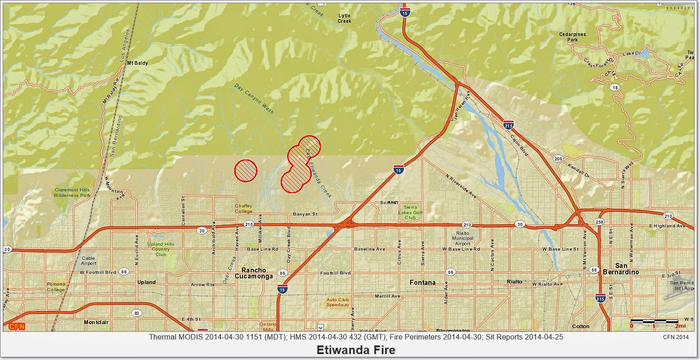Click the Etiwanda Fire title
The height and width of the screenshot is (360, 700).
[356, 350]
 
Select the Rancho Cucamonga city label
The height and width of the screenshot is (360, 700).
[254, 273]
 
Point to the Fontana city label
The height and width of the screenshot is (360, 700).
[422, 283]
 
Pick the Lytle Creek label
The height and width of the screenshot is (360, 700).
[345, 18]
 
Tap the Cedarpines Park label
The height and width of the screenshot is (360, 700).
[573, 37]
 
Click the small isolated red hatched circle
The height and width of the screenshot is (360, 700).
[246, 171]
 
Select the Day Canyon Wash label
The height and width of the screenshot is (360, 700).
[254, 98]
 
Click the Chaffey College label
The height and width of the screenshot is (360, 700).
[243, 209]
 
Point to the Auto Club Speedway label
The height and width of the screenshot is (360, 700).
[338, 302]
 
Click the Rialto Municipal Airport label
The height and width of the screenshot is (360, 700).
[463, 238]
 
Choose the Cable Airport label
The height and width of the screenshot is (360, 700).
[88, 261]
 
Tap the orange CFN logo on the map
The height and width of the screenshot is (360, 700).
[16, 326]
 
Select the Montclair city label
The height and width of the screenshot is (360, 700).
[96, 322]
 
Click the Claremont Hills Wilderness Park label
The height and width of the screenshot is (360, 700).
[72, 192]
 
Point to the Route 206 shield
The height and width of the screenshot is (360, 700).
[558, 159]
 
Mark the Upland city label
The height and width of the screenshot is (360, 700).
[146, 282]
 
